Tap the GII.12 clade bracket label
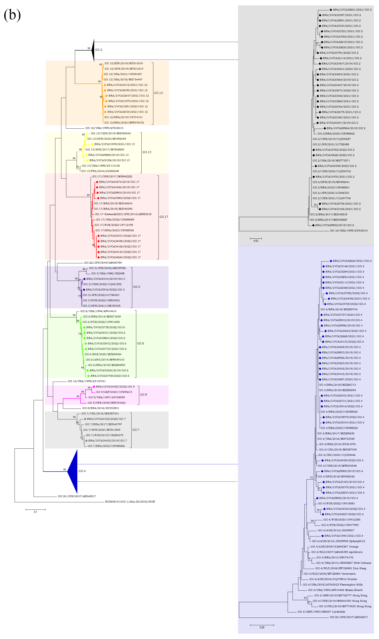[158, 93]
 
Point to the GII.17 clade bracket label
[164, 217]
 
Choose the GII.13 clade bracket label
[147, 152]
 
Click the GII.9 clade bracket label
[143, 395]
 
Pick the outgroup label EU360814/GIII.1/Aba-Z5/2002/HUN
[130, 502]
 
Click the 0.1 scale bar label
[36, 512]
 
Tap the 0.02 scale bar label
[256, 241]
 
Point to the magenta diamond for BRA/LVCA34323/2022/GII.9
[94, 387]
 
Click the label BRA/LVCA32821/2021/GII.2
[352, 10]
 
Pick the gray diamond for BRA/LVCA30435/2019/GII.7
[87, 441]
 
